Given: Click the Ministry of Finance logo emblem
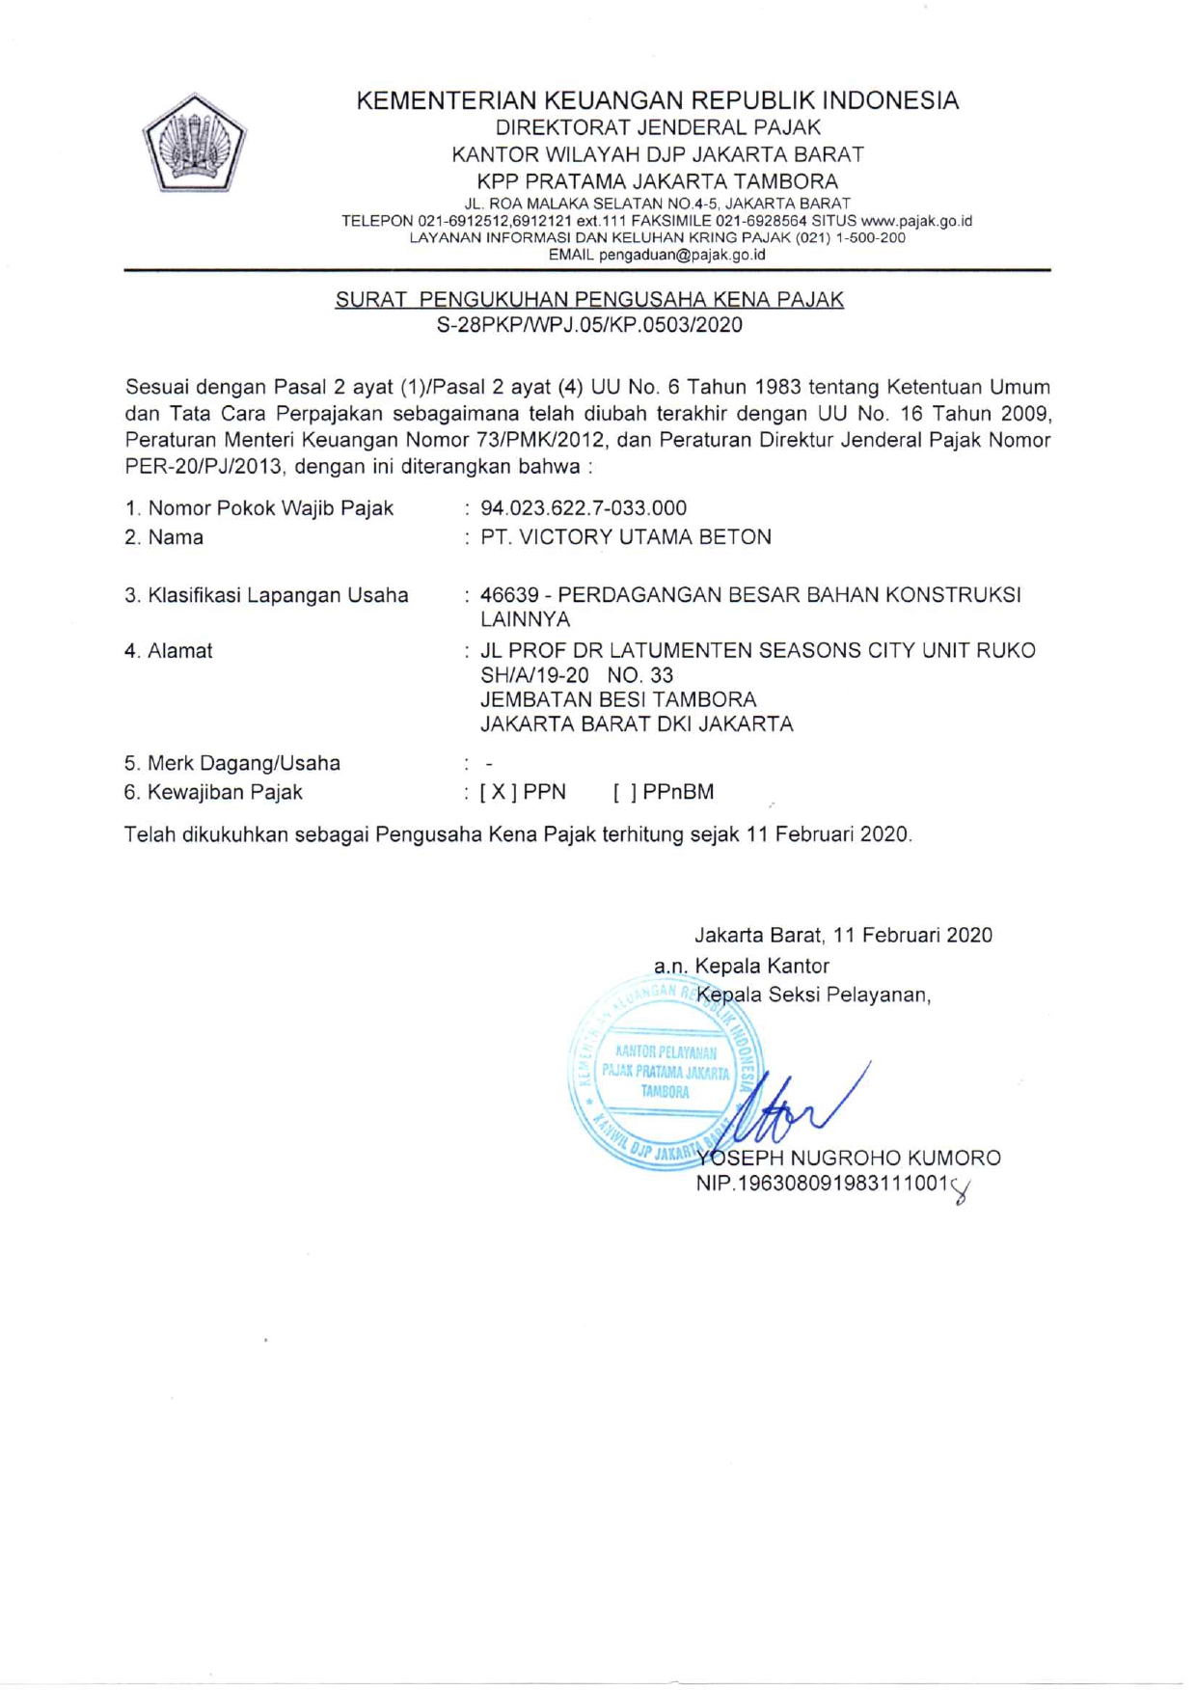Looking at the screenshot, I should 195,143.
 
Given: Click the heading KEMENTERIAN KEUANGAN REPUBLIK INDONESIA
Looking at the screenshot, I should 657,100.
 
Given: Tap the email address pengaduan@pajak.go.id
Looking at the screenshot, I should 682,255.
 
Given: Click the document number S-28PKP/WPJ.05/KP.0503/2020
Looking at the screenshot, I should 589,325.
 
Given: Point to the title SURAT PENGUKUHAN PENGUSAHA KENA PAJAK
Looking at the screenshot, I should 589,299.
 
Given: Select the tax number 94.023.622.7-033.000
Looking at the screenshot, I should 584,507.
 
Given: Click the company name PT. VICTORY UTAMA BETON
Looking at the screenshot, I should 626,537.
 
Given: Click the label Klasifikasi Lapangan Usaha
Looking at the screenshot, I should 266,595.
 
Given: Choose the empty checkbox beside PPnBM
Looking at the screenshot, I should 624,792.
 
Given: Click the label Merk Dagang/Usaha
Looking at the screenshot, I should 232,763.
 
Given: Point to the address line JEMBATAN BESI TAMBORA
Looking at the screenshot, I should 618,699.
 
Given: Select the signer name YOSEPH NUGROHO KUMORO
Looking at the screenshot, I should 850,1158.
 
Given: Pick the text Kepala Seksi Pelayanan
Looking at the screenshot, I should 812,995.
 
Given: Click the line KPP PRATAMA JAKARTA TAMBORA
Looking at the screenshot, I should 657,181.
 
